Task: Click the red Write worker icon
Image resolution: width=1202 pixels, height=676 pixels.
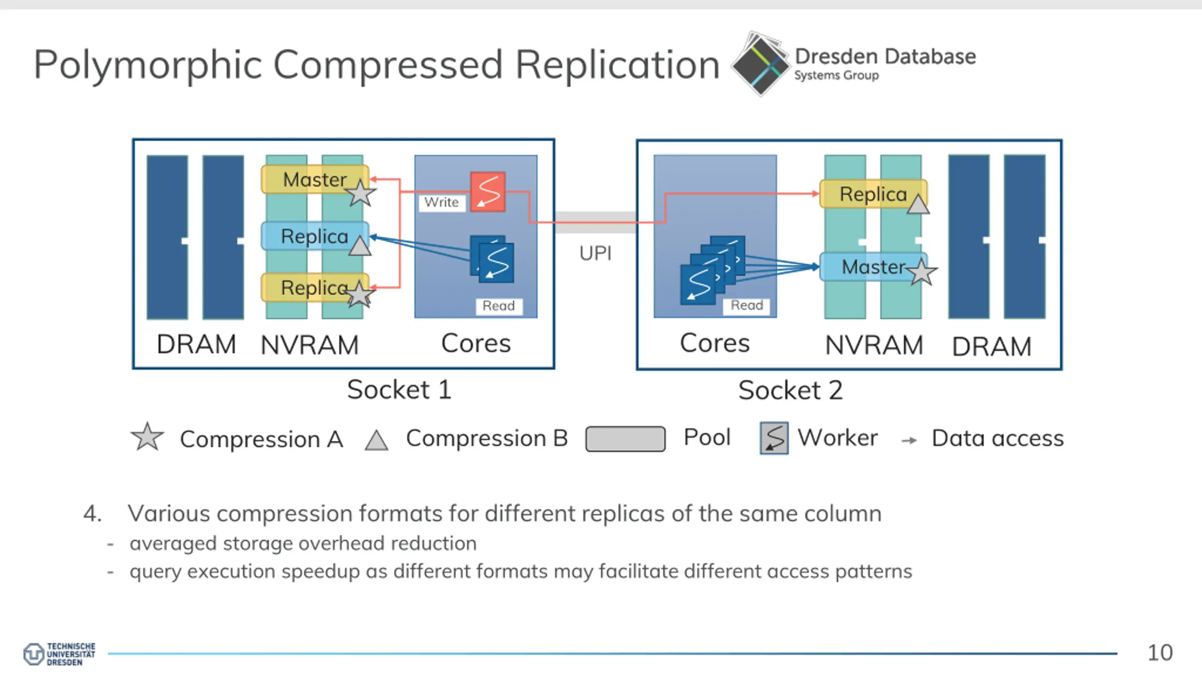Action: coord(488,192)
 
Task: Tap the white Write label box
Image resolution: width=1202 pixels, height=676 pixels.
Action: coord(441,202)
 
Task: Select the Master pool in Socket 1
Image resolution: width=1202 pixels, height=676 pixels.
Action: coord(315,179)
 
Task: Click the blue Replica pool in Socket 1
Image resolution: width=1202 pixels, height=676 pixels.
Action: coord(315,236)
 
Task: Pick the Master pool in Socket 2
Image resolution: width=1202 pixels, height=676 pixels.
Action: coord(873,267)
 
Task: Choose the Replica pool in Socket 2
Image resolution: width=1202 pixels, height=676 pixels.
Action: coord(873,193)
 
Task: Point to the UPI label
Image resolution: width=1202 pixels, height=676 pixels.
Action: coord(595,253)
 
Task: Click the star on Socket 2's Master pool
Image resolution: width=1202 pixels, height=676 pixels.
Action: coord(921,271)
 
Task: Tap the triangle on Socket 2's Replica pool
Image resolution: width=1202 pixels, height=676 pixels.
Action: coord(918,204)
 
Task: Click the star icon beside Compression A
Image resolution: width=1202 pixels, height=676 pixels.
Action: coord(147,437)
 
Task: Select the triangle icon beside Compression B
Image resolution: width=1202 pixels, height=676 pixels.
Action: coord(377,440)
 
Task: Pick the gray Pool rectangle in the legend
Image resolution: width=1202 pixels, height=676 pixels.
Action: coord(625,439)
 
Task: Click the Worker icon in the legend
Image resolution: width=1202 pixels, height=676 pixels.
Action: coord(774,438)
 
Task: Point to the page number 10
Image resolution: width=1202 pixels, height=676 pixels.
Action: coord(1160,653)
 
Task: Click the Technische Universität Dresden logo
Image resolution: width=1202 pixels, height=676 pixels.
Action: coord(59,654)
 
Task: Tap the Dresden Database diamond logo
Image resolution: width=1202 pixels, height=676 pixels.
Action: coord(761,64)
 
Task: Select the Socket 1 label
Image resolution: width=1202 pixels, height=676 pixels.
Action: coord(400,390)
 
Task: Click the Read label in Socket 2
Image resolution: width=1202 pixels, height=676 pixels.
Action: coord(747,306)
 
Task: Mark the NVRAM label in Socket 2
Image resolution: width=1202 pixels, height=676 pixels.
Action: coord(874,345)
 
